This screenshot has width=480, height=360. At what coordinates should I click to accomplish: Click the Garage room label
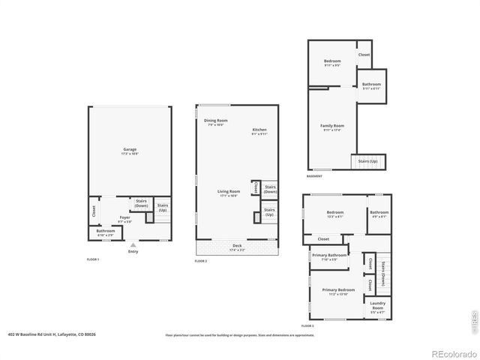(x=130, y=150)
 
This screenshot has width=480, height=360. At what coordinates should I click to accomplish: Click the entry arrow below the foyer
(x=133, y=244)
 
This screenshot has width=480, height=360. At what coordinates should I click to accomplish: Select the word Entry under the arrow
(x=133, y=251)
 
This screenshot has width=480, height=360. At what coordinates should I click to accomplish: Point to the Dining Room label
(x=217, y=121)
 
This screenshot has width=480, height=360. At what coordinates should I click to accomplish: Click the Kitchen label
(x=259, y=130)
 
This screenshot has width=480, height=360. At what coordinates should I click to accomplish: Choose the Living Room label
(x=227, y=192)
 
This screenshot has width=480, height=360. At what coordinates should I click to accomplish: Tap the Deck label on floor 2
(x=236, y=246)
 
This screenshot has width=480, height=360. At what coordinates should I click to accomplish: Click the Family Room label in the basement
(x=332, y=126)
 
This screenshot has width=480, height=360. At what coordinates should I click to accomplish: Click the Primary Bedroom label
(x=338, y=290)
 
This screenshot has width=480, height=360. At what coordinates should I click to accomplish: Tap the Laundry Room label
(x=376, y=305)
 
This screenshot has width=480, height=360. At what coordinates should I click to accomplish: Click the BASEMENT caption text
(x=314, y=176)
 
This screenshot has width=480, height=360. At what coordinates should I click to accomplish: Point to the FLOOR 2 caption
(x=201, y=261)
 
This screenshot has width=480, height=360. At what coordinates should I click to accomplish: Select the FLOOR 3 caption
(x=307, y=326)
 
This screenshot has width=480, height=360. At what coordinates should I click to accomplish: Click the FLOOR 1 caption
(x=93, y=259)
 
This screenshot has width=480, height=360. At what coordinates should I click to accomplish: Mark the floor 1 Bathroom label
(x=105, y=232)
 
